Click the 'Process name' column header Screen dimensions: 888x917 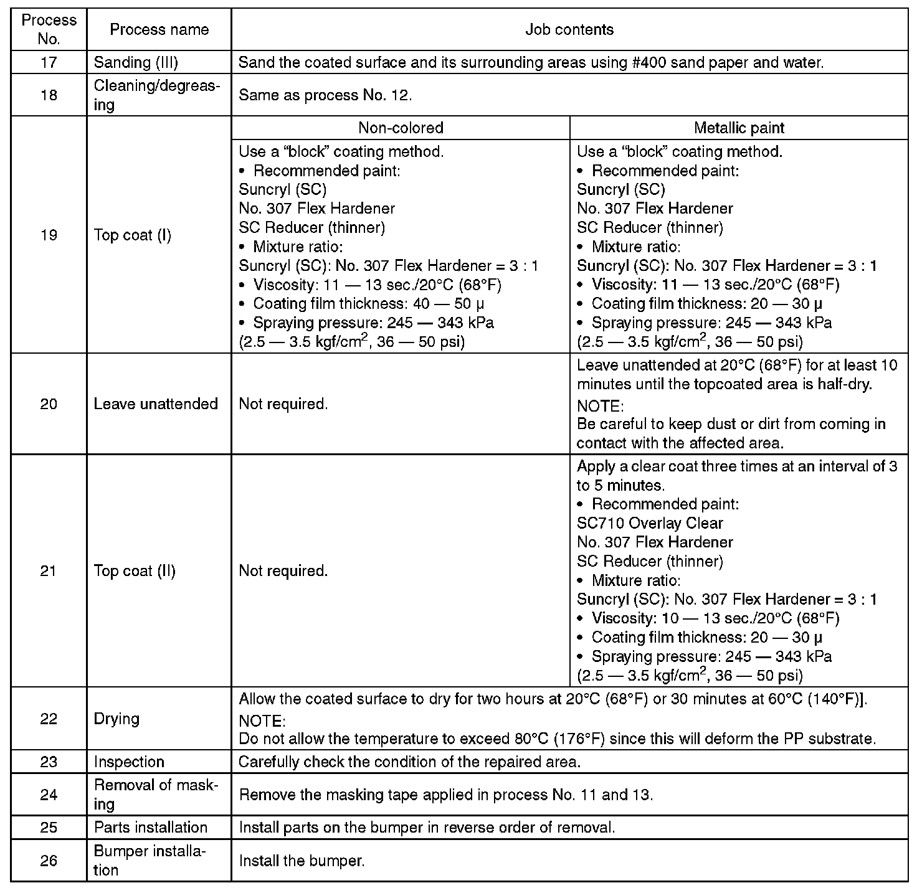pos(159,29)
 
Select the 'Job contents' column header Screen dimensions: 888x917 pos(569,29)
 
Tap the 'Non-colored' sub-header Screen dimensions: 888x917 pos(401,128)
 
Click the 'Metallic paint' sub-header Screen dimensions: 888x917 pos(739,128)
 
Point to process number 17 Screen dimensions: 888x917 pos(49,62)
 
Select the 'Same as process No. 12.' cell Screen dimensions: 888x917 pos(325,95)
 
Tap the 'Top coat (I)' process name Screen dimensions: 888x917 pos(132,235)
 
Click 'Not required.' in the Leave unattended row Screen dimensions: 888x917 pos(283,404)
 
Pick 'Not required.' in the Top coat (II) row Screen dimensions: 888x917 pos(283,571)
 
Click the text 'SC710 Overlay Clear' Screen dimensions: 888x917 pos(650,523)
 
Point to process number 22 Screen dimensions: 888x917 pos(49,719)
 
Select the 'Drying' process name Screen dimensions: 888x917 pos(116,719)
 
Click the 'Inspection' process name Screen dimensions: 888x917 pos(129,762)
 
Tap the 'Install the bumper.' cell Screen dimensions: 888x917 pos(302,861)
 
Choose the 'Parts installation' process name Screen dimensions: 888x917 pos(150,827)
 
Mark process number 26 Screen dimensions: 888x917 pos(49,861)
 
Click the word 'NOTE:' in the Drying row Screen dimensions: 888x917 pos(262,720)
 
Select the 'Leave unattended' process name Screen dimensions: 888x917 pos(156,404)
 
